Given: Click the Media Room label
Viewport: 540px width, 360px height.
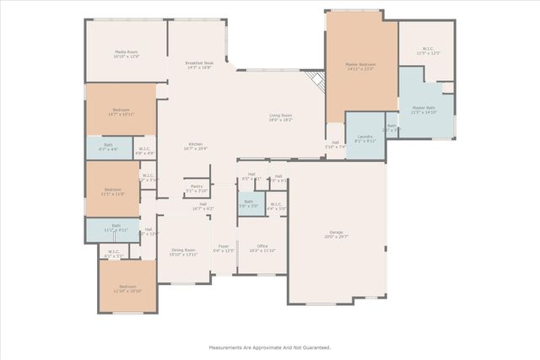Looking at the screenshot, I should pyautogui.click(x=127, y=54).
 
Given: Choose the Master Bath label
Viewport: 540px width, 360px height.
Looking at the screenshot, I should pyautogui.click(x=424, y=110).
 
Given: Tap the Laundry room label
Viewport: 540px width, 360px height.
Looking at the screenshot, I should pyautogui.click(x=364, y=138).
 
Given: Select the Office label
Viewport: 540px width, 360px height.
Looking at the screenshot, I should pyautogui.click(x=263, y=248).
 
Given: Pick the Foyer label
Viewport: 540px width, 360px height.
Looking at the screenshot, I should pyautogui.click(x=224, y=248).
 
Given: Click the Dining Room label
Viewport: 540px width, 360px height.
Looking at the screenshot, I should pyautogui.click(x=183, y=251).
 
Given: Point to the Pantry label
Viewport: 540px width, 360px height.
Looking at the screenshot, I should pyautogui.click(x=196, y=188).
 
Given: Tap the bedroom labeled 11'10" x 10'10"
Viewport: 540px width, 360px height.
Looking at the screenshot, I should pyautogui.click(x=127, y=288).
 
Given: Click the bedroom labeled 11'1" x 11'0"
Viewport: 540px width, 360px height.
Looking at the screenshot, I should pyautogui.click(x=113, y=191).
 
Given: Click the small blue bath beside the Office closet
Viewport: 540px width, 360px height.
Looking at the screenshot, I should pyautogui.click(x=250, y=203).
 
